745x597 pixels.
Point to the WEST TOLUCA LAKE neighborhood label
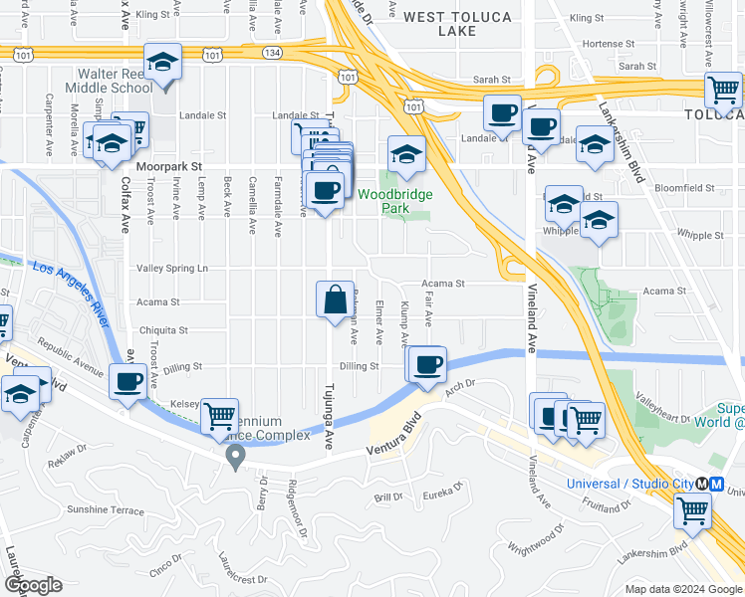click(458, 24)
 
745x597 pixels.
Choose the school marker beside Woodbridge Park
click(406, 154)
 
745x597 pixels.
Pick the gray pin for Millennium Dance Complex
click(236, 457)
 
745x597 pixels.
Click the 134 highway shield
click(271, 51)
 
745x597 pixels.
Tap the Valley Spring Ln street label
click(172, 269)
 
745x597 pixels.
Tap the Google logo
click(34, 585)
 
